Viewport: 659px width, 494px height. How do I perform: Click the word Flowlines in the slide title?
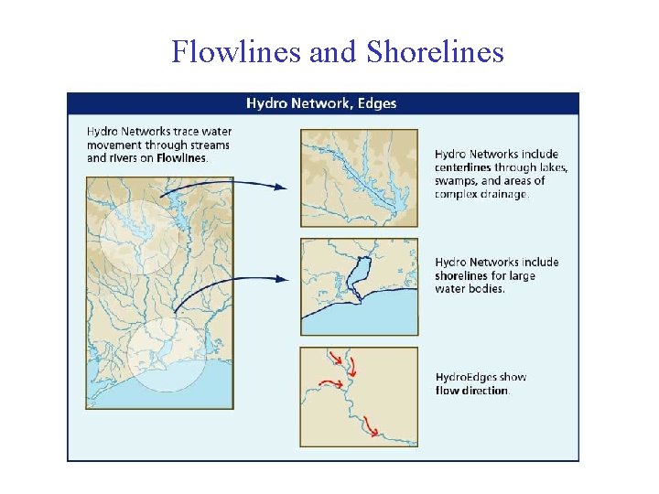pos(237,52)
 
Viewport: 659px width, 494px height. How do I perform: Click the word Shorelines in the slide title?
pos(435,52)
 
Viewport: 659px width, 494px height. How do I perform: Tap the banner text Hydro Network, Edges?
pos(321,103)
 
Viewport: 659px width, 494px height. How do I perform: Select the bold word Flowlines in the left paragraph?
pos(181,157)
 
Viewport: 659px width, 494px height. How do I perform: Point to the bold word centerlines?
pos(463,167)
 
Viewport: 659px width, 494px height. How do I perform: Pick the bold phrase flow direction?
pos(471,391)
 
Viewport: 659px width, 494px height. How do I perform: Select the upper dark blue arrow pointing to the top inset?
pos(229,186)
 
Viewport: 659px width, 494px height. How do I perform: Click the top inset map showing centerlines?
pos(359,177)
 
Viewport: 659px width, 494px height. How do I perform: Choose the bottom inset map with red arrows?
pos(359,396)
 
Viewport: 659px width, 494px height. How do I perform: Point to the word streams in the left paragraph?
pos(210,145)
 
